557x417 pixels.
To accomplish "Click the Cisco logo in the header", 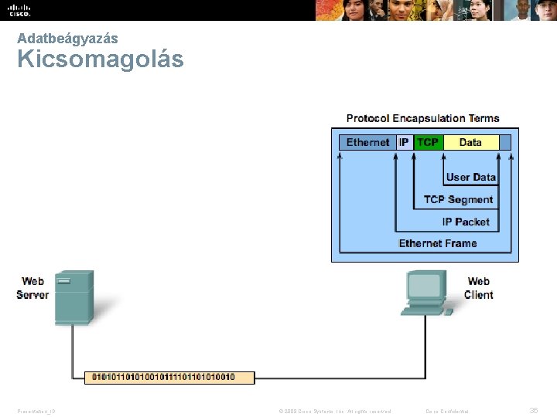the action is [x=20, y=10].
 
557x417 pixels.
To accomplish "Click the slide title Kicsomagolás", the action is [x=101, y=59].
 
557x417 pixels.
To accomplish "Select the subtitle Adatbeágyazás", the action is [x=67, y=38].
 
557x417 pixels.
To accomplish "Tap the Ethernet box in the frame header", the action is [x=367, y=142].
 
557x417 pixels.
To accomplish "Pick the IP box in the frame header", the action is [x=404, y=142].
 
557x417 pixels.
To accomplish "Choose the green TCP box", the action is [x=428, y=142].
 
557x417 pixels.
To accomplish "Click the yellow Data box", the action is [x=470, y=142].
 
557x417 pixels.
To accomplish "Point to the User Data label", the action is [x=470, y=177].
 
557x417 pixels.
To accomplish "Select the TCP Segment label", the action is [x=458, y=199].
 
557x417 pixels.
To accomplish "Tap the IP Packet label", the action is [x=466, y=222].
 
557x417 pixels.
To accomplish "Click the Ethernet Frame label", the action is [x=438, y=243].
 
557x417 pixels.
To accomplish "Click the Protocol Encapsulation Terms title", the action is [x=423, y=118].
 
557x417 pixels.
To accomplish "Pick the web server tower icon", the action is [x=75, y=297].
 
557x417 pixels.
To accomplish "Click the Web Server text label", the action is [x=32, y=288].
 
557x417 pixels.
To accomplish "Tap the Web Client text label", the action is [x=479, y=288].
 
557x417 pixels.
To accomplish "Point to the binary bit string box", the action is [x=169, y=378].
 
